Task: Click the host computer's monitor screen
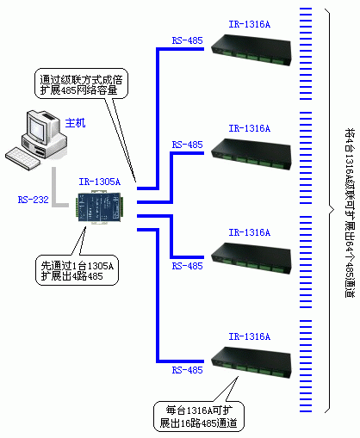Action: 38,127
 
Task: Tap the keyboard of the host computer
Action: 23,158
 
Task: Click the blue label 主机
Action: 75,123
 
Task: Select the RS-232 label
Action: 34,200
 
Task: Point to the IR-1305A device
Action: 99,207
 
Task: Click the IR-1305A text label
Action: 100,182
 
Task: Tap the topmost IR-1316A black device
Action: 251,50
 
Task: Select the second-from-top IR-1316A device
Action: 251,154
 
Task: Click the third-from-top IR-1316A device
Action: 251,258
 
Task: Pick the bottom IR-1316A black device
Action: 251,362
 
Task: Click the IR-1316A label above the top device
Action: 250,24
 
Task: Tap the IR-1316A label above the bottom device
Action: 250,336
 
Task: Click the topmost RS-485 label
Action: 188,40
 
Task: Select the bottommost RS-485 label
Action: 188,370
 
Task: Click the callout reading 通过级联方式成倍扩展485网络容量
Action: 81,83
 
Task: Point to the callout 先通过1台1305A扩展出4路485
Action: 77,270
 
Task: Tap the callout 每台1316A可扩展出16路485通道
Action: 199,416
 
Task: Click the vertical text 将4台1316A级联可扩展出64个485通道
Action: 350,213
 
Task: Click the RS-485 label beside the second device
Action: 188,145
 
